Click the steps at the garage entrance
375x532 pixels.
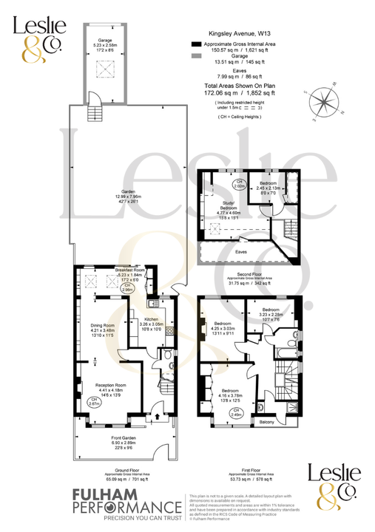[94, 113]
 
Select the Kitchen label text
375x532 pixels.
[141, 318]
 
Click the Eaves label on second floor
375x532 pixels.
[241, 251]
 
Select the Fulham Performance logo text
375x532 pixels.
[126, 508]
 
